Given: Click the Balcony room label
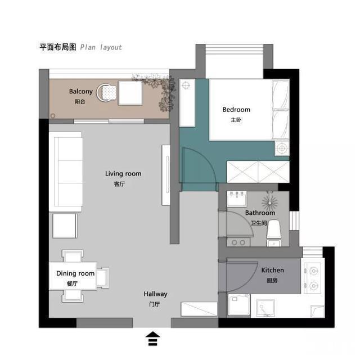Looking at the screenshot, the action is pos(81,91).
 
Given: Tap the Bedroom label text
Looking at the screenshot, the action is pos(236,110).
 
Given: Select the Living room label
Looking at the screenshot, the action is pos(123,174).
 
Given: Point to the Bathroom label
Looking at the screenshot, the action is pos(260,213).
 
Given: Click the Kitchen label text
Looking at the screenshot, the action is pos(272,270).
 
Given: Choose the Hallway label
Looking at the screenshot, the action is pos(155,294).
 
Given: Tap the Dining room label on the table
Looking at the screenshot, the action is pos(75,273).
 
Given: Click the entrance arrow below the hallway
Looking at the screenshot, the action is pos(152,339).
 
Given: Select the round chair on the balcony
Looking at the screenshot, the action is pos(106,92).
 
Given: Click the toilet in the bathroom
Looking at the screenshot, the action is pos(274,233).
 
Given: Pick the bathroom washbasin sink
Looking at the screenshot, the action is pos(237,199).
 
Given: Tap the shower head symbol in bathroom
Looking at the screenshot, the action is pos(270,202).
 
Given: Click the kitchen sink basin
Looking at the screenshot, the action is pos(265,308).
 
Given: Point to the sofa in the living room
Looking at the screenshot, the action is pos(66,172).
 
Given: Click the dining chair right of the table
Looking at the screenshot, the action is pos(102,278).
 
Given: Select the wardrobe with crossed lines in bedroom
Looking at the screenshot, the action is pos(258,172).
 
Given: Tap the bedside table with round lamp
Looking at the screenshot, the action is pos(282,148).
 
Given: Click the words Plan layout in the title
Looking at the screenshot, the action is pos(101,47).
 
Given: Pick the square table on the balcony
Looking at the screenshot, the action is pos(130,93).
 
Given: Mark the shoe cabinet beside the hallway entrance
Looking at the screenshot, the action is pos(199,309).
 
